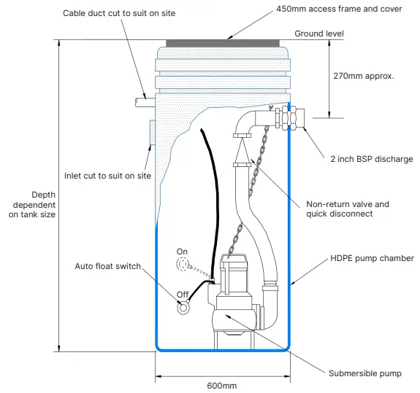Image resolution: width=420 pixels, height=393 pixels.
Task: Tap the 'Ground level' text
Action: [x=318, y=34]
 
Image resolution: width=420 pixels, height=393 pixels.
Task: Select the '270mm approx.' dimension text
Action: [x=369, y=75]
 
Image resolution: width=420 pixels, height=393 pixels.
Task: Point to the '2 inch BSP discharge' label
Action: [x=371, y=159]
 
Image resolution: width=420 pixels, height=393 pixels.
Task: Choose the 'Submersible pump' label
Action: [x=364, y=373]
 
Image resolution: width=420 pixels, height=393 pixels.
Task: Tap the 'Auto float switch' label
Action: [x=107, y=266]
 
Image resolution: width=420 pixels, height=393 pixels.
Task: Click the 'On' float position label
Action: [x=182, y=252]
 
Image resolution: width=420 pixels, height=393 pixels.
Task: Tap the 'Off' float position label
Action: [x=182, y=295]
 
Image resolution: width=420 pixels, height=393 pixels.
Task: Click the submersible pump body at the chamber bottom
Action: [x=232, y=306]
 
